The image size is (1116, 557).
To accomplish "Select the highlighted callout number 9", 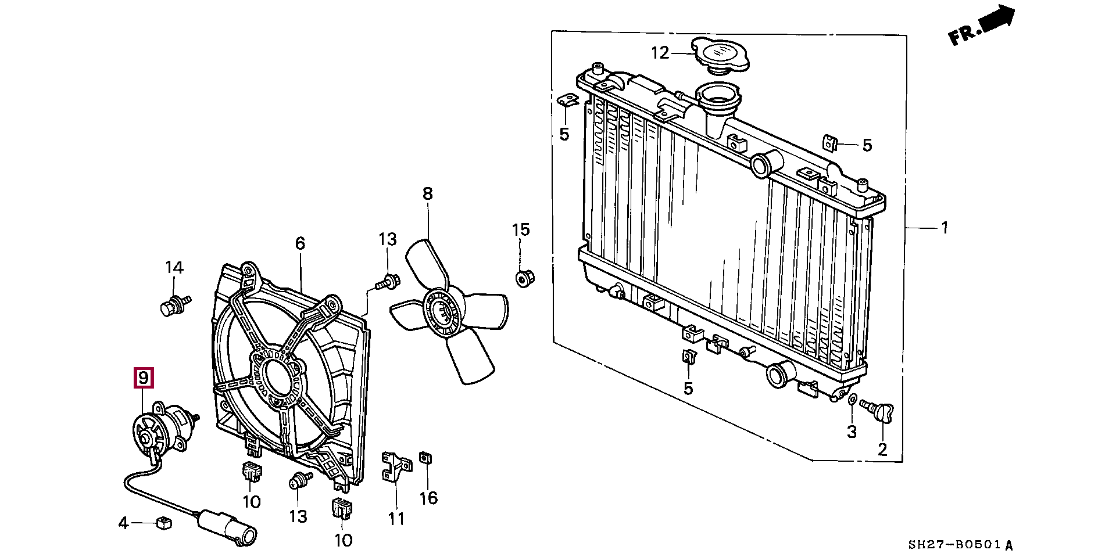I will pos(143,378).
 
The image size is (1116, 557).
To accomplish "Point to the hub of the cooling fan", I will pos(443,314).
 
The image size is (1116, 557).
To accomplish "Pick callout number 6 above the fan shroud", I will pos(299,243).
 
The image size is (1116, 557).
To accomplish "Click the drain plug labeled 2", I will pos(877,413).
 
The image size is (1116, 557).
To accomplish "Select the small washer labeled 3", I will pos(852,400).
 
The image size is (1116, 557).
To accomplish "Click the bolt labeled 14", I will pos(172,306).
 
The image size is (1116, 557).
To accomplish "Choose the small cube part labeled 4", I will pos(164,523).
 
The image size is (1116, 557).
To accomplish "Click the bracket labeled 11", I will pos(395,468).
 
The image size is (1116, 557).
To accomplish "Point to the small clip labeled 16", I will pos(426,458).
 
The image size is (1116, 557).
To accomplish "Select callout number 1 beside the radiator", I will pos(945,227).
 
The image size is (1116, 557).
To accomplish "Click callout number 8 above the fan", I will pos(427,193).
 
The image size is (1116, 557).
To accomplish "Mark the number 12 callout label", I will pos(660,53).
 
